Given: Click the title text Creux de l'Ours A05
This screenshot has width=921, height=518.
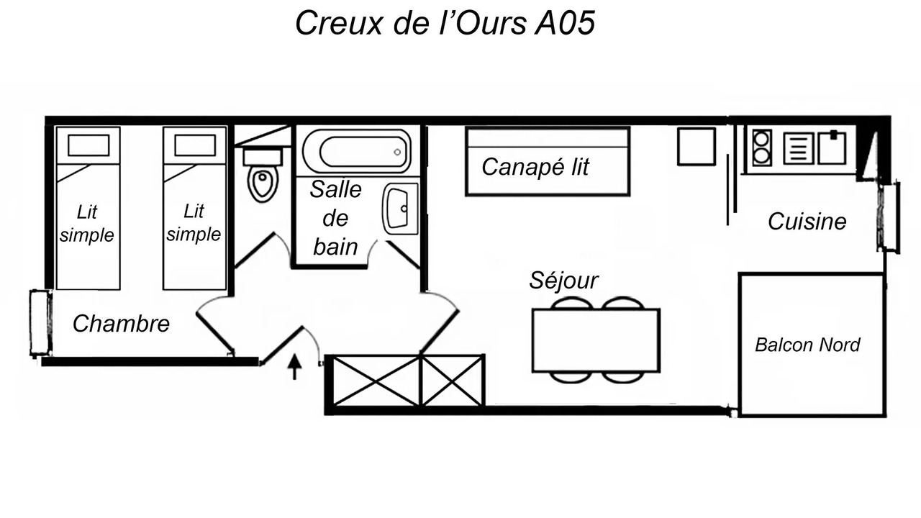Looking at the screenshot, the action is point(445,22).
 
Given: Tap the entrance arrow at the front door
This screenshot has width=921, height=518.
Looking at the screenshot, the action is point(294,367).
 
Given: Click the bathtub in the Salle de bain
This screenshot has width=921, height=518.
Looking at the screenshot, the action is point(356,152).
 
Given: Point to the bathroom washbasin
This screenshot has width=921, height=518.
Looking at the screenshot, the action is point(400,209).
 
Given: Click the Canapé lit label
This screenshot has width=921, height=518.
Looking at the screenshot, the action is point(535,167).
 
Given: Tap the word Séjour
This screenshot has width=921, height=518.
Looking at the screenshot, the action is point(563,281).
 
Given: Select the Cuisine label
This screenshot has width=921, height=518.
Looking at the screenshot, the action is point(807,222).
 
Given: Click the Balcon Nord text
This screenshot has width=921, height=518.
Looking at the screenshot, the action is point(807,345).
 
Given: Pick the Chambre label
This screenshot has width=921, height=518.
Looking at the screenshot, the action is point(121,323).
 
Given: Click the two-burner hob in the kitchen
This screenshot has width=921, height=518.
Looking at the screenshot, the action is point(762,148).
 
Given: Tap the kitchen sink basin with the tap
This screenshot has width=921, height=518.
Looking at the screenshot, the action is point(832,147).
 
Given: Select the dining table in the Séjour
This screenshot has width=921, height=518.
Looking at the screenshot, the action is point(596,340).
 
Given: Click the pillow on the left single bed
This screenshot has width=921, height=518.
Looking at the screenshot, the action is point(89,145).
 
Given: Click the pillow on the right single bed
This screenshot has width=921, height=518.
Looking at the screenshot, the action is point(195,145).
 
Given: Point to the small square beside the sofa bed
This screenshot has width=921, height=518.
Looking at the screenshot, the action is point(697,147).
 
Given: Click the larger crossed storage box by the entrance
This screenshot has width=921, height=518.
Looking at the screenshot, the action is point(376,381).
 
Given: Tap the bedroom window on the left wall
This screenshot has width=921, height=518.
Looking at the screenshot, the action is point(41,323).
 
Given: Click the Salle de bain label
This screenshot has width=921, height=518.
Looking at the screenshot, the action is point(335,218).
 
